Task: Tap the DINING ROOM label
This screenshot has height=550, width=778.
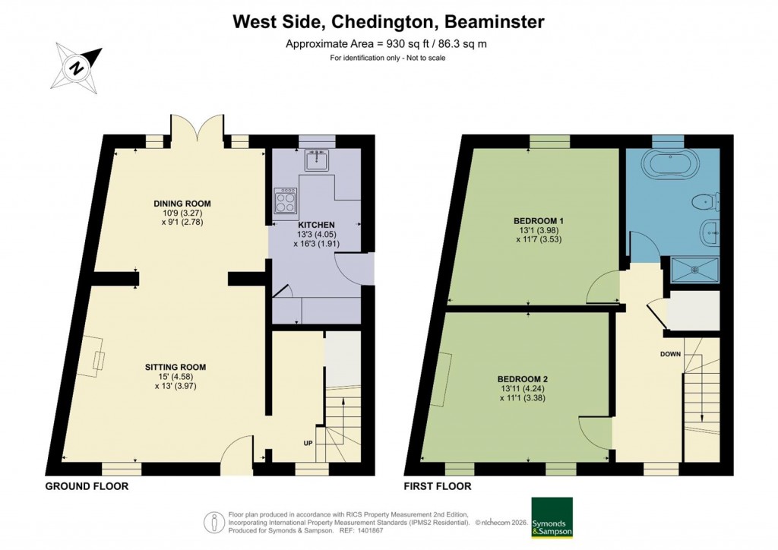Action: click(182, 204)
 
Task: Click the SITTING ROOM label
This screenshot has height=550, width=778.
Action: click(176, 367)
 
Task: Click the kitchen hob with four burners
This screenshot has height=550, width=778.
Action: click(286, 202)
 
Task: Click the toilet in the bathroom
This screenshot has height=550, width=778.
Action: click(706, 201)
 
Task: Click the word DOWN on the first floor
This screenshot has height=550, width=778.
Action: click(671, 354)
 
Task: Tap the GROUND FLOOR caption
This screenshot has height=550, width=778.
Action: click(87, 486)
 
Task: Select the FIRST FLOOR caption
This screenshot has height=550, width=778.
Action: click(438, 486)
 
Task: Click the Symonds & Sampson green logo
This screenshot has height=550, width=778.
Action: click(552, 518)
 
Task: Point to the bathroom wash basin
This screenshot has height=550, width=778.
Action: click(707, 232)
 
